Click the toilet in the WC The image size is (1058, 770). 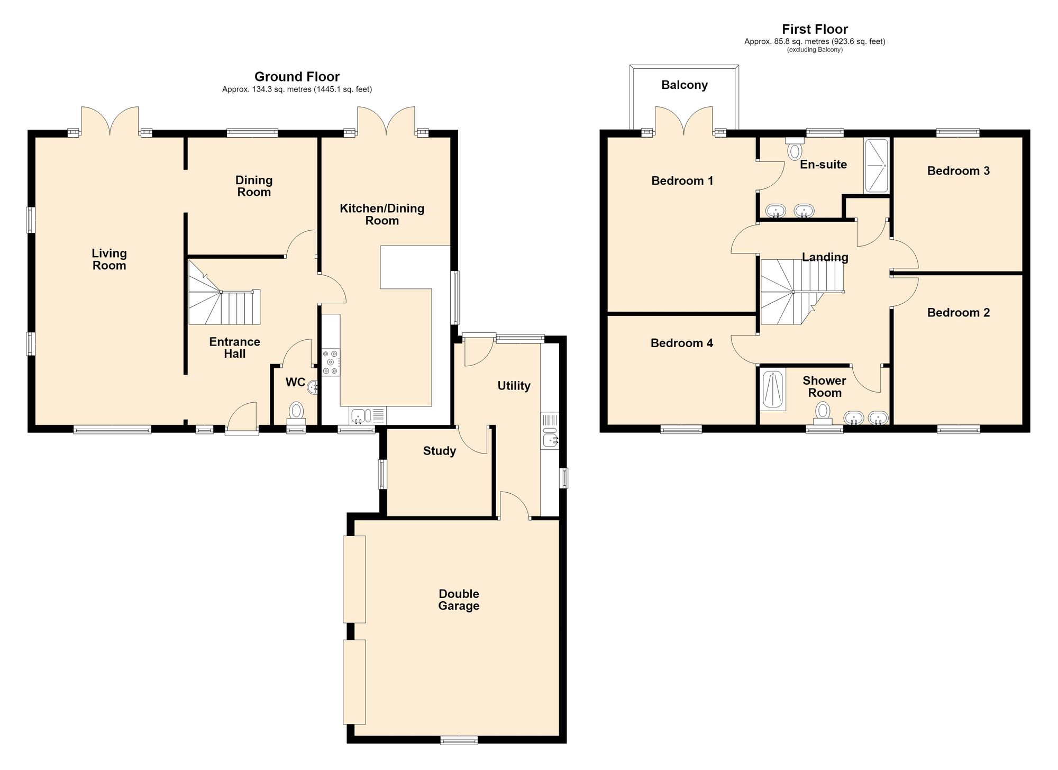pos(296,413)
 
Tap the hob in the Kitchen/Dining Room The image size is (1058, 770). pos(331,362)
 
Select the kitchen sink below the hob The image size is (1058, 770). pos(368,415)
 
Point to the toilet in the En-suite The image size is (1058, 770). pos(795,148)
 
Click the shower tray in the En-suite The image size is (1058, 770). pos(877,166)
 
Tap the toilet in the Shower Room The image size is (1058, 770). pos(823,413)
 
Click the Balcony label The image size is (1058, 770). pos(685,85)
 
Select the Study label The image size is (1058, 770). pos(440,451)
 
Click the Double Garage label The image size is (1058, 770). pos(459,600)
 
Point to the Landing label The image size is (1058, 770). pos(825,257)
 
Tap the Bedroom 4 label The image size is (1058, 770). pos(682,343)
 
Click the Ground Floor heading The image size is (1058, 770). pos(297,77)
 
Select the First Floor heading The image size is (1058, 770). pos(815,29)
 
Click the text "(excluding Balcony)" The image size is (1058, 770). pos(815,50)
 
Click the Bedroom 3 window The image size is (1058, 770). pos(958,133)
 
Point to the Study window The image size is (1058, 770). pos(383,474)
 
